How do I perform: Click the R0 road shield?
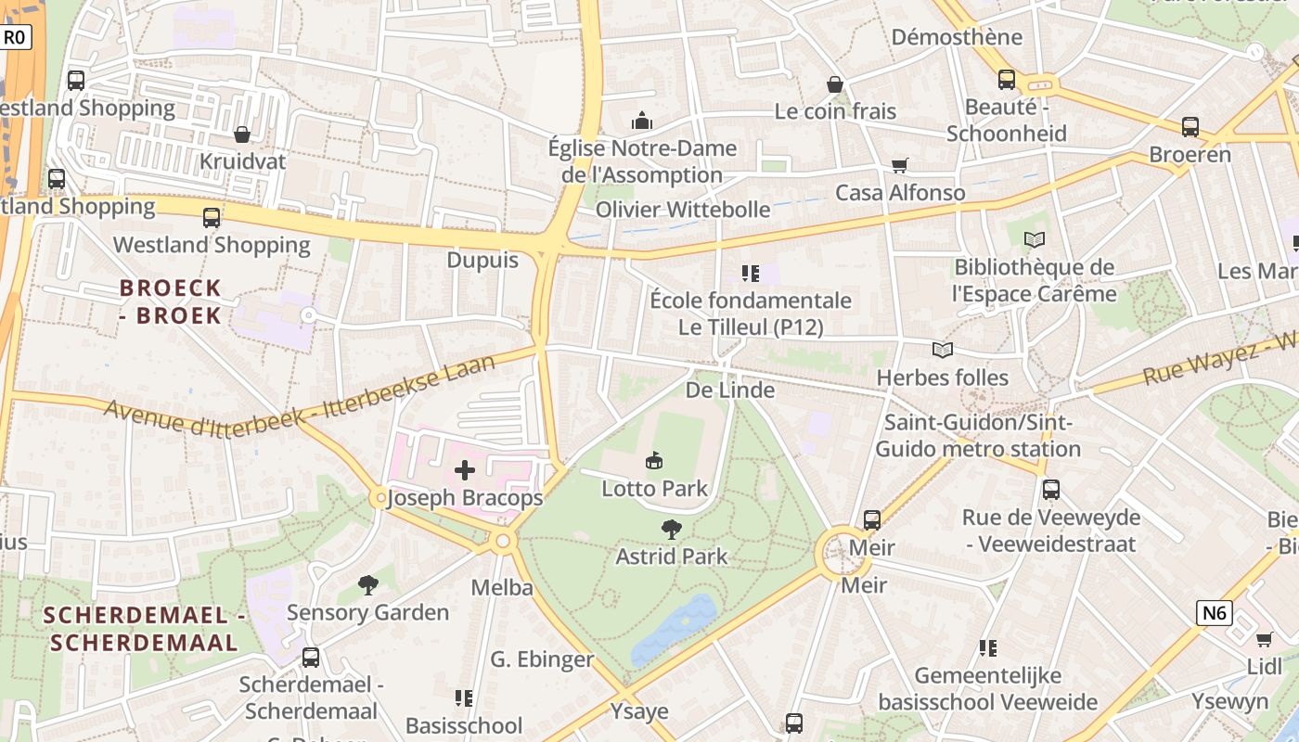coord(16,37)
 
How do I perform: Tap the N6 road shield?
coord(1214,612)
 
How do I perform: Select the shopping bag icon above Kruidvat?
coord(242,134)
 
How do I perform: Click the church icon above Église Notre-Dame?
coord(641,121)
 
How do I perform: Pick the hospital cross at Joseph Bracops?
coord(465,470)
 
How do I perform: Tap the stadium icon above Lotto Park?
coord(654,460)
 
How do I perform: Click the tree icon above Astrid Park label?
coord(672,530)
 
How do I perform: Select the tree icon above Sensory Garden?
coord(368,585)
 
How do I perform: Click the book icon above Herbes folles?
coord(943,350)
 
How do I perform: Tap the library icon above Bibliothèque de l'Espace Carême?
coord(1035,240)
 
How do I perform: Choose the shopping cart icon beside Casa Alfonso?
coord(899,165)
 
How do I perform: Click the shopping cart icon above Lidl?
coord(1264,639)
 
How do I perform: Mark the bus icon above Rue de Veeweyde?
coord(1051,489)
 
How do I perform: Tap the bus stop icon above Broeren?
coord(1190,127)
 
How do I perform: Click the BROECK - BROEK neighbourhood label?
coord(171,301)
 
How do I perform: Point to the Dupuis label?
coord(482,260)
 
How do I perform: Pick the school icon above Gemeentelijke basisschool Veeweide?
coord(988,647)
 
